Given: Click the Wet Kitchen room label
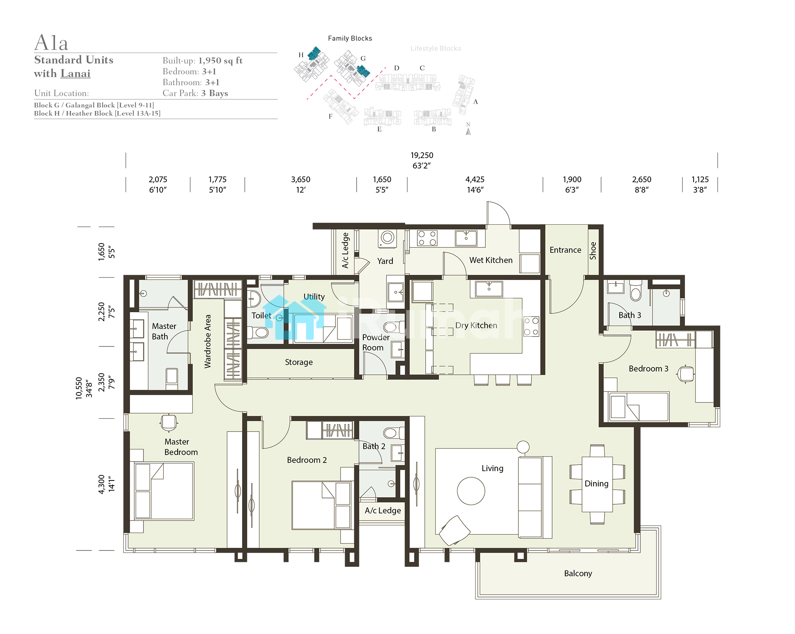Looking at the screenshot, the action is click(x=491, y=260).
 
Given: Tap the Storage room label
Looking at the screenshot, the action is click(x=299, y=362).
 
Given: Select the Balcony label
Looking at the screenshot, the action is click(x=578, y=574).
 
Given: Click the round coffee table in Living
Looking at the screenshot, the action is click(x=471, y=491).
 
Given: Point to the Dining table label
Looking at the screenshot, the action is click(x=596, y=484).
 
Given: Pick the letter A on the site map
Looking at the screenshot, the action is click(x=475, y=102).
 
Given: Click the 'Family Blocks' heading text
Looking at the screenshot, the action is click(x=350, y=38).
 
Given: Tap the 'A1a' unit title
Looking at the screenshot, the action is click(x=51, y=43).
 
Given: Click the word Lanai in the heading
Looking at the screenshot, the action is click(x=76, y=74).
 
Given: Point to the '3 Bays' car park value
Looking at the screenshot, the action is click(x=215, y=93).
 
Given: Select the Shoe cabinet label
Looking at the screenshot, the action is click(x=593, y=251).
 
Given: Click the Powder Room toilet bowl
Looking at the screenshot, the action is click(x=391, y=327).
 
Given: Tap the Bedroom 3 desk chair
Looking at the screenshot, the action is click(x=686, y=374).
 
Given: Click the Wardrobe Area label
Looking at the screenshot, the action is click(x=207, y=341).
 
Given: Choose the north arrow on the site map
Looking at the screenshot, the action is click(x=468, y=131).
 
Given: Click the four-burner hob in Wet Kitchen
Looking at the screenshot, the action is click(x=427, y=238).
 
